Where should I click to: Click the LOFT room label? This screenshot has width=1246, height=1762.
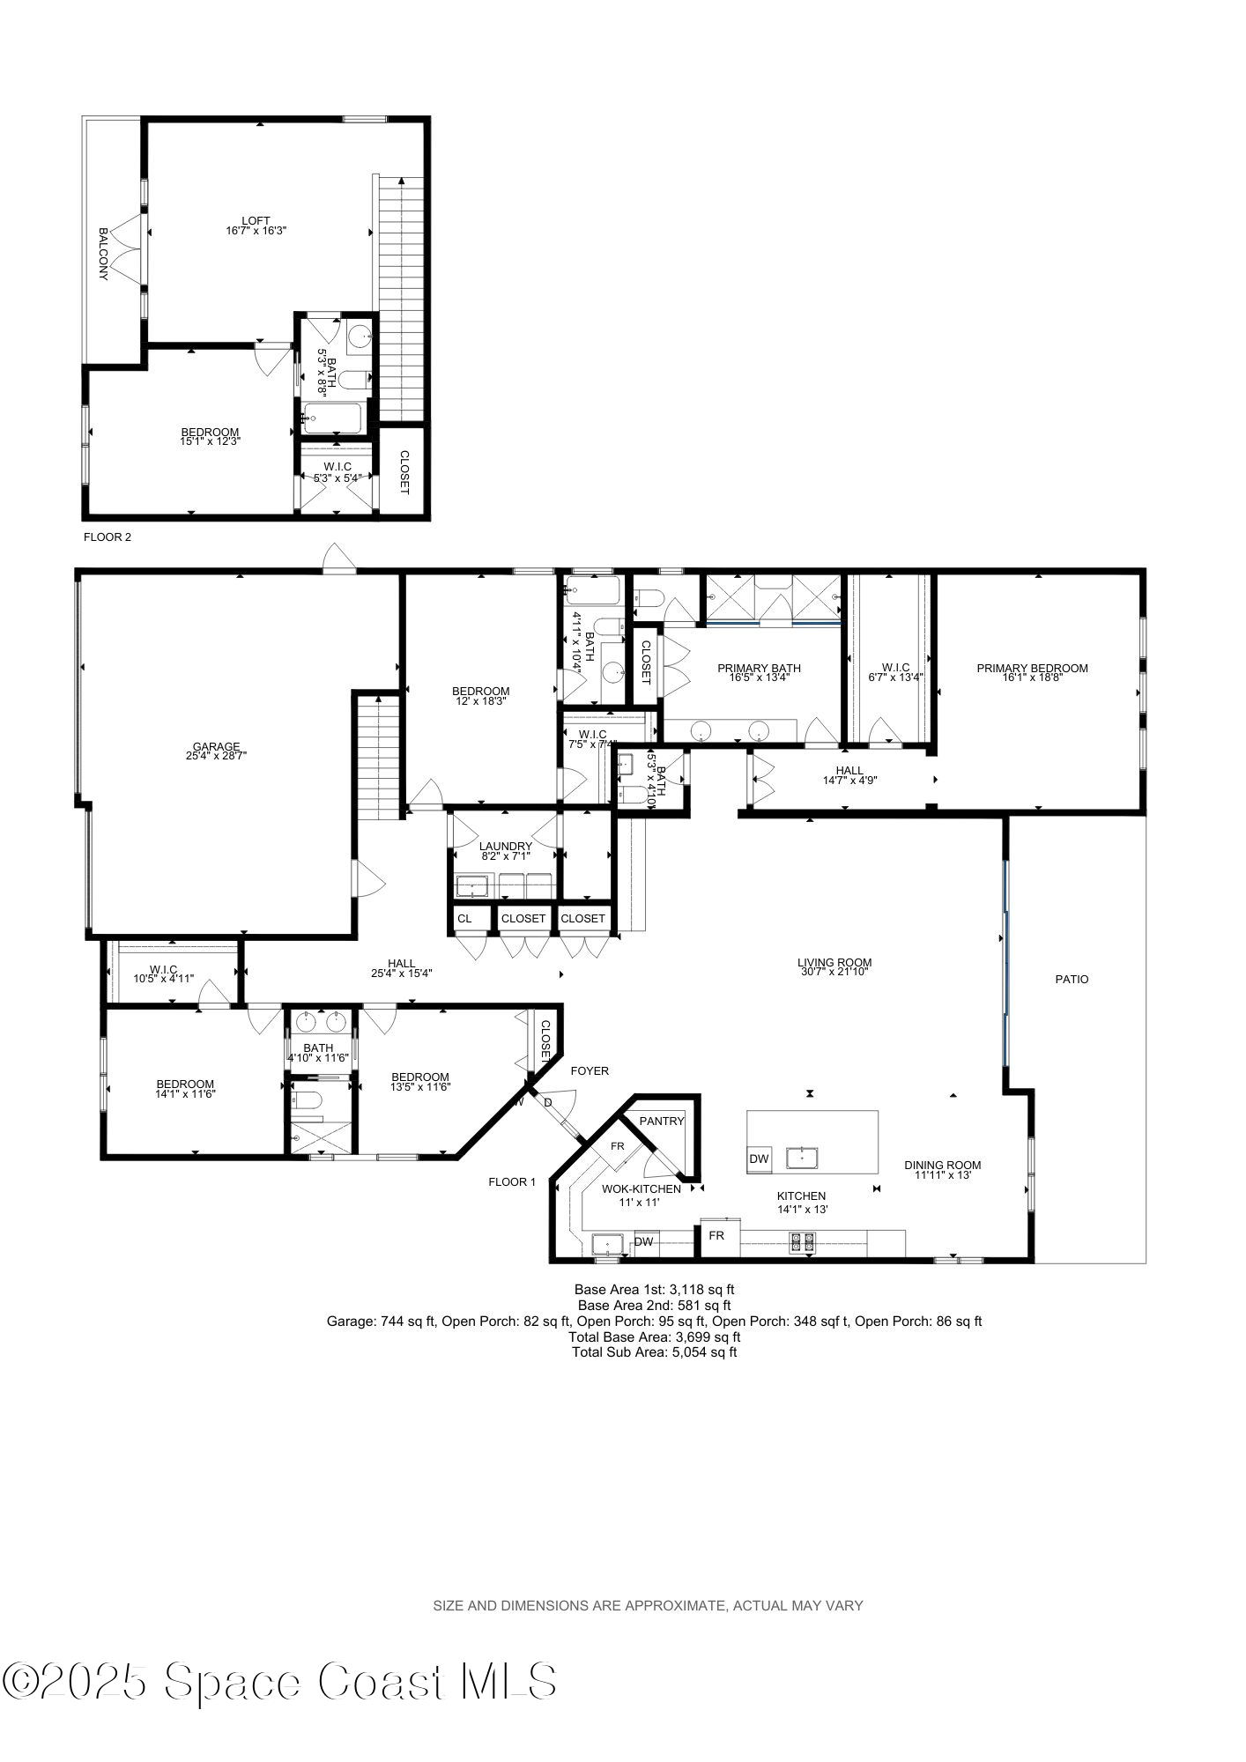pyautogui.click(x=256, y=220)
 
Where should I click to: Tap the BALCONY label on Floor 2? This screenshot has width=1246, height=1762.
pyautogui.click(x=103, y=254)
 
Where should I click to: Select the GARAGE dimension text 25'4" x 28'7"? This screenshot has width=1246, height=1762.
pyautogui.click(x=217, y=755)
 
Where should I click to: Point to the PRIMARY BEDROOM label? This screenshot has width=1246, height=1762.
pyautogui.click(x=1032, y=669)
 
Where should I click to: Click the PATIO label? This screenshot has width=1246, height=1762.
pyautogui.click(x=1072, y=979)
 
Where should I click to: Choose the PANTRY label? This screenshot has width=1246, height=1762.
pyautogui.click(x=661, y=1122)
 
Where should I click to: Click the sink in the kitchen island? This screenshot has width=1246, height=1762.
pyautogui.click(x=804, y=1157)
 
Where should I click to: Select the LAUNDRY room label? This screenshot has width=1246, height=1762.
pyautogui.click(x=506, y=847)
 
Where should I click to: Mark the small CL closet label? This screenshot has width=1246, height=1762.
pyautogui.click(x=464, y=919)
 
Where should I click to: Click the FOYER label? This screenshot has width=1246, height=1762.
pyautogui.click(x=590, y=1071)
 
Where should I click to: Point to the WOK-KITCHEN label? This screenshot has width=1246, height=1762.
pyautogui.click(x=641, y=1189)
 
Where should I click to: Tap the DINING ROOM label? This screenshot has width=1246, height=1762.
pyautogui.click(x=942, y=1165)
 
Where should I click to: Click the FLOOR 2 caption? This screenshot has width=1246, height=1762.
pyautogui.click(x=108, y=537)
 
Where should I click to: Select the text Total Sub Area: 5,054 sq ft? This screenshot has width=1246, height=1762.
pyautogui.click(x=654, y=1351)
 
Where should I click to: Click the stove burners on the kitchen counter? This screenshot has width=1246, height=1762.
pyautogui.click(x=803, y=1243)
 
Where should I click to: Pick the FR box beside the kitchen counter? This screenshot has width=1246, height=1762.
pyautogui.click(x=716, y=1236)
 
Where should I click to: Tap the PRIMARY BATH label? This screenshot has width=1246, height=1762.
pyautogui.click(x=759, y=669)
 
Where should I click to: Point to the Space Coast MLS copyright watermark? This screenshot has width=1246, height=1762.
pyautogui.click(x=278, y=1681)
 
